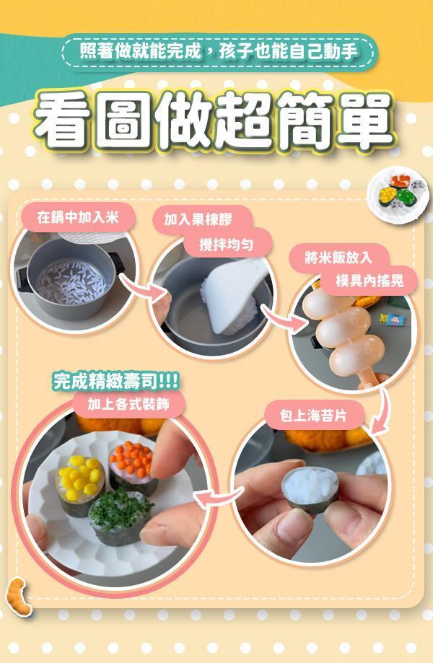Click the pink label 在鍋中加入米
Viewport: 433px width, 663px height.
[76, 215]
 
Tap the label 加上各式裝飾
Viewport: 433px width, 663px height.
[128, 404]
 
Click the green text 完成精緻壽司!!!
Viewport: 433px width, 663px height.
[116, 381]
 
